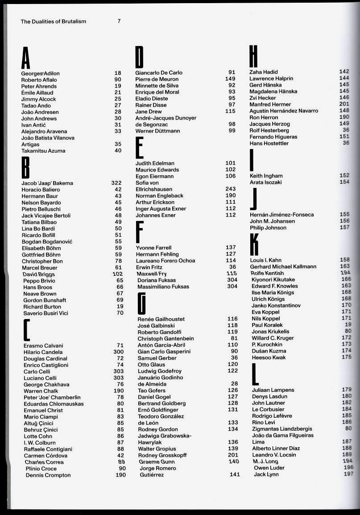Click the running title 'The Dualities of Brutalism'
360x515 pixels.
click(53, 21)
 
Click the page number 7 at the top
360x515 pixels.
click(119, 21)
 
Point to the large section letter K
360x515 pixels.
click(254, 244)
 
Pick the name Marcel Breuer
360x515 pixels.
click(40, 268)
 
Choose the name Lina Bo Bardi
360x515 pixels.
click(38, 228)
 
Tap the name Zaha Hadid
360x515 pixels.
click(264, 72)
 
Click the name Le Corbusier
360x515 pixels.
click(268, 409)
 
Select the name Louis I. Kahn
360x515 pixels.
click(266, 260)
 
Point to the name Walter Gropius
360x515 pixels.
click(157, 449)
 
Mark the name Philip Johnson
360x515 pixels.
click(268, 228)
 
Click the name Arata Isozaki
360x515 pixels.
click(266, 182)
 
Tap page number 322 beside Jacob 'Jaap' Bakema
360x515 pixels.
click(116, 183)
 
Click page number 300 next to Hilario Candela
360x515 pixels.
click(118, 352)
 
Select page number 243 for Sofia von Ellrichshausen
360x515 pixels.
click(230, 189)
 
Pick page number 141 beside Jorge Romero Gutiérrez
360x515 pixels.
click(235, 474)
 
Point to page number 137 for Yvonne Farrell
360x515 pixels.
click(231, 247)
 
